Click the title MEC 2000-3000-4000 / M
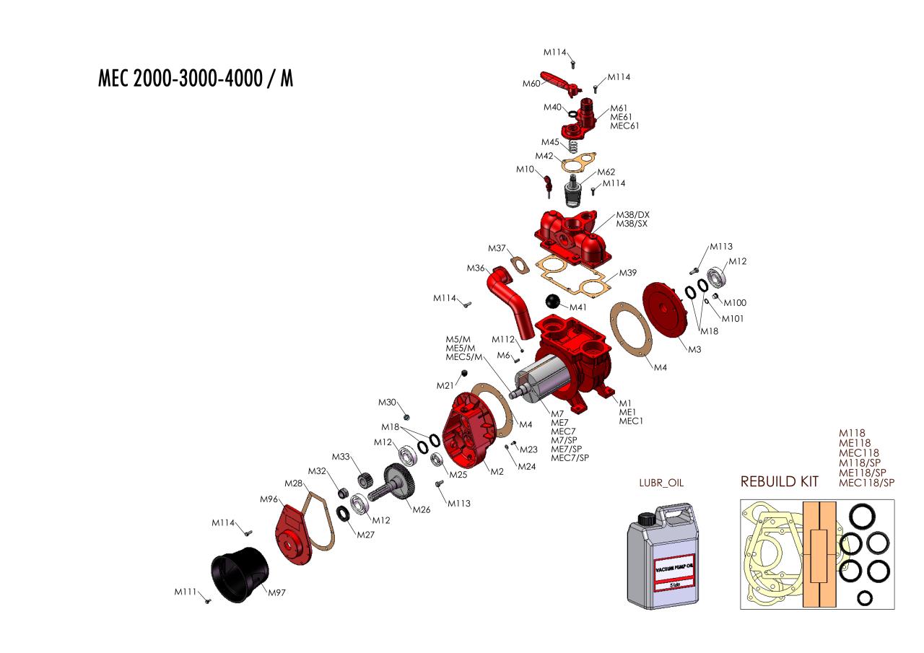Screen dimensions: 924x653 196,78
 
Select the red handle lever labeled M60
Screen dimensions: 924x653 560,83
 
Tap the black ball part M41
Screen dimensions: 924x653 553,301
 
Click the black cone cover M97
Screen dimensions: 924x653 240,574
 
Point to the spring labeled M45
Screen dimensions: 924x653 572,146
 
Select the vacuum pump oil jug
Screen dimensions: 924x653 663,556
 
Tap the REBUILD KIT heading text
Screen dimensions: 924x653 779,481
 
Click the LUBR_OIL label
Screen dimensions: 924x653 661,483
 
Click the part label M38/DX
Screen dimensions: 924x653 633,215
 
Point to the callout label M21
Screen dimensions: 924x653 445,385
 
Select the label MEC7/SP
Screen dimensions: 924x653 570,457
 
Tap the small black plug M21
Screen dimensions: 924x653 464,374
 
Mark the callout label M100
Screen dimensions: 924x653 735,302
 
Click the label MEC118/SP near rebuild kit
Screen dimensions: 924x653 867,482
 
